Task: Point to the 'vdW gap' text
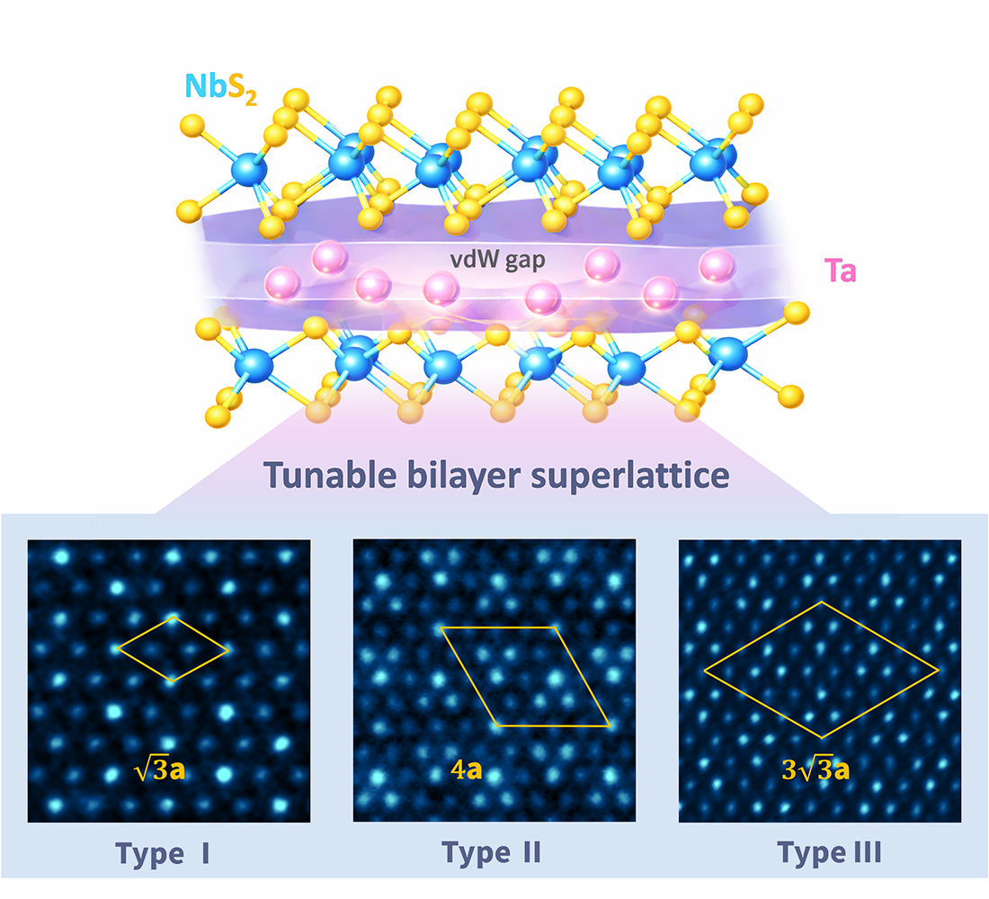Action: [x=486, y=258]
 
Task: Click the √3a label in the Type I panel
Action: [x=158, y=771]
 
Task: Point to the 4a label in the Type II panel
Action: [x=464, y=771]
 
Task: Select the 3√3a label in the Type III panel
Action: [x=813, y=771]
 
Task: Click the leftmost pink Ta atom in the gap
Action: [x=281, y=286]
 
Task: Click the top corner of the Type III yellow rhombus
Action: [x=820, y=602]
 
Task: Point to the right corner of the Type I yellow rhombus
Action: [x=229, y=649]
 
